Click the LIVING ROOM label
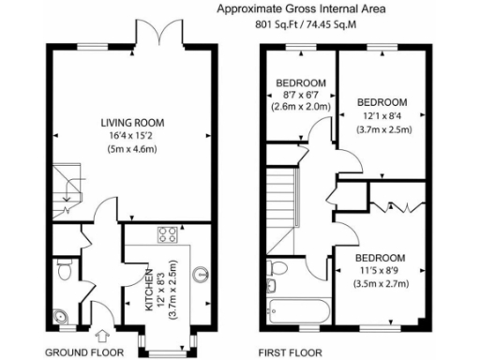pyautogui.click(x=133, y=122)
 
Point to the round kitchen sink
pyautogui.click(x=200, y=276)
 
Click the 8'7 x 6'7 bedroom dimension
pyautogui.click(x=302, y=95)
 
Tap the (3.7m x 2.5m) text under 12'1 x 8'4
pyautogui.click(x=383, y=130)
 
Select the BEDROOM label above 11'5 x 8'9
pyautogui.click(x=380, y=258)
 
